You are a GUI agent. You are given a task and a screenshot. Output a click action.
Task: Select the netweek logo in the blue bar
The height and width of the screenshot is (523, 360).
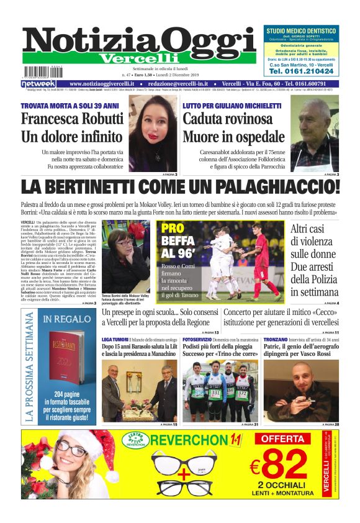(x=38, y=84)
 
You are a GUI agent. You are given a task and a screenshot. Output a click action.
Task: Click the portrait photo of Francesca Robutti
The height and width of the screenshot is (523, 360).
(x=153, y=134)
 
